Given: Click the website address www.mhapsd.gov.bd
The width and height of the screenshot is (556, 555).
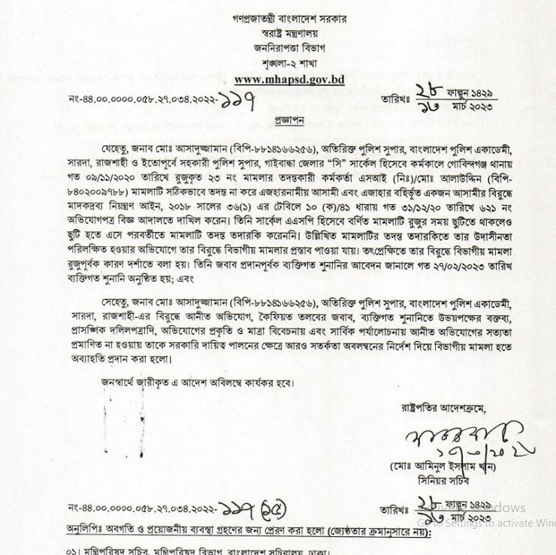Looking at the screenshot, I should coord(289,80).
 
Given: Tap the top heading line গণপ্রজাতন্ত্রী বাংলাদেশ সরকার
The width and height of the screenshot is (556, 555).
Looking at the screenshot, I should coord(290,19).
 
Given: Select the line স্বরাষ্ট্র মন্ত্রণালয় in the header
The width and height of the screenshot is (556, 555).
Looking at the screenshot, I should coord(290,34).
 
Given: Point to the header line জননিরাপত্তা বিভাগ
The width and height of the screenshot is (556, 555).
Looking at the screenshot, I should coord(289,48).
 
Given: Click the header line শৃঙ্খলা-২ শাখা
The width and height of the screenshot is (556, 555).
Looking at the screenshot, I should coord(289,63).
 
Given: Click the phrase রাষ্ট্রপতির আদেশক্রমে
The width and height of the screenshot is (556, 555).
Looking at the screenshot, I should coord(443,409).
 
